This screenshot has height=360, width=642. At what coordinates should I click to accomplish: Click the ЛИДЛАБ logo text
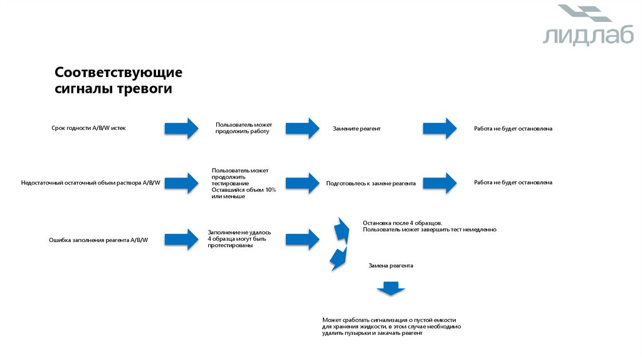579,36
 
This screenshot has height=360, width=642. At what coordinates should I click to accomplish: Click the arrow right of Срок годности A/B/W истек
181,128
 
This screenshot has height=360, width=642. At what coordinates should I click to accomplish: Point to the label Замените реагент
357,128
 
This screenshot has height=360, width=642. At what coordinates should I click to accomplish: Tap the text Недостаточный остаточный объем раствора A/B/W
91,183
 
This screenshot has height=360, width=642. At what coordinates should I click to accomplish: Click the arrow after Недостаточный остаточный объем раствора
181,183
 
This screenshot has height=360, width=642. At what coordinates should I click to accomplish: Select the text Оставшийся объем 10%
243,189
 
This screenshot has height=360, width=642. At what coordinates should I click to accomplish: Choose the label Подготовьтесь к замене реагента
371,183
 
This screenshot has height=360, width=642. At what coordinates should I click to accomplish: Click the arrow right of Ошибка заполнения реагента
181,239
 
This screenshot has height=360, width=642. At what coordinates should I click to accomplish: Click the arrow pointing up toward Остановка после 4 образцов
342,229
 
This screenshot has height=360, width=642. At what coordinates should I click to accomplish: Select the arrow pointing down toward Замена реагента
339,257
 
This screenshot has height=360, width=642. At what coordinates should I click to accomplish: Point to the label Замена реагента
391,265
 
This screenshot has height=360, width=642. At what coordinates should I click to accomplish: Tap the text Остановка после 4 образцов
402,223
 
